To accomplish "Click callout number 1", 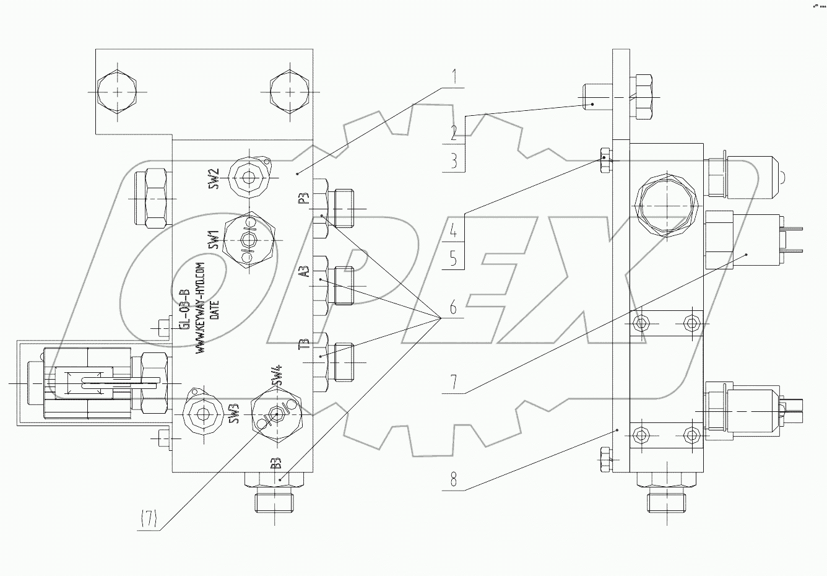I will pos(454,78).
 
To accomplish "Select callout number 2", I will pos(454,131).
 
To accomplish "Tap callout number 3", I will pos(454,161).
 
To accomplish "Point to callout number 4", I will pos(454,232).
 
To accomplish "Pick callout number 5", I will pos(454,258).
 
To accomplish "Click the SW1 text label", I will pos(213,240).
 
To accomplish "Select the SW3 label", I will pos(234,414).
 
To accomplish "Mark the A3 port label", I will pos(303,273).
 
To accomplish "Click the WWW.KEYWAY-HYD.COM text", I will pos(200,307).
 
